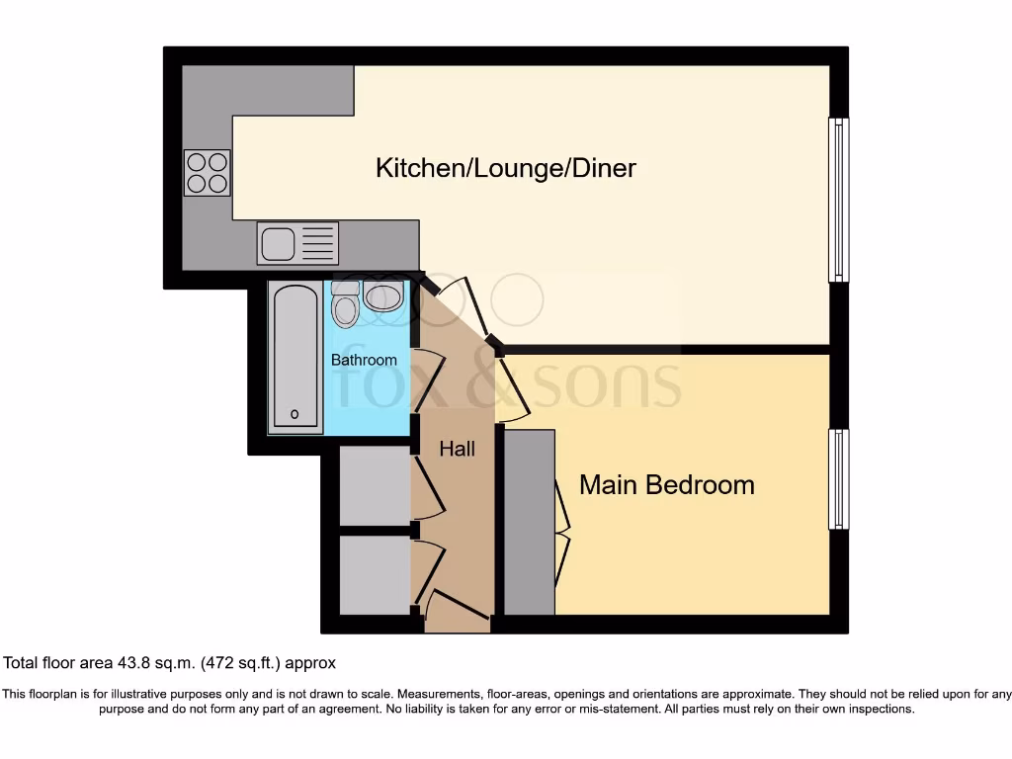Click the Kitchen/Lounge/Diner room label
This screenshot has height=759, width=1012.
[x=505, y=168]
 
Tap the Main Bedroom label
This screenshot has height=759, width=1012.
[x=666, y=485]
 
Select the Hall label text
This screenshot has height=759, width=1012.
[x=458, y=449]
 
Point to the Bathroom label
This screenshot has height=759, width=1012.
[x=364, y=360]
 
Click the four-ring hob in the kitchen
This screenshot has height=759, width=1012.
[x=207, y=173]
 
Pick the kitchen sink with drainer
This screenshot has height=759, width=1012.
[x=297, y=243]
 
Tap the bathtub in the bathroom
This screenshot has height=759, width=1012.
[x=295, y=358]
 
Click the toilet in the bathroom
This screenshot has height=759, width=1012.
[x=345, y=304]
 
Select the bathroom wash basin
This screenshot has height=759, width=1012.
[x=383, y=295]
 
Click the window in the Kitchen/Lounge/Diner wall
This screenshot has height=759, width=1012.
[x=838, y=200]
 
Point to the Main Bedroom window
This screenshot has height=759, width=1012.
[x=838, y=479]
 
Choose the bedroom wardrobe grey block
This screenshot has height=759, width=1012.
[x=530, y=522]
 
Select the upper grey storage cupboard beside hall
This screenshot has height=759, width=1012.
[x=375, y=485]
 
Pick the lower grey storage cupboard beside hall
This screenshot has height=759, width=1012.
[x=375, y=574]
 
